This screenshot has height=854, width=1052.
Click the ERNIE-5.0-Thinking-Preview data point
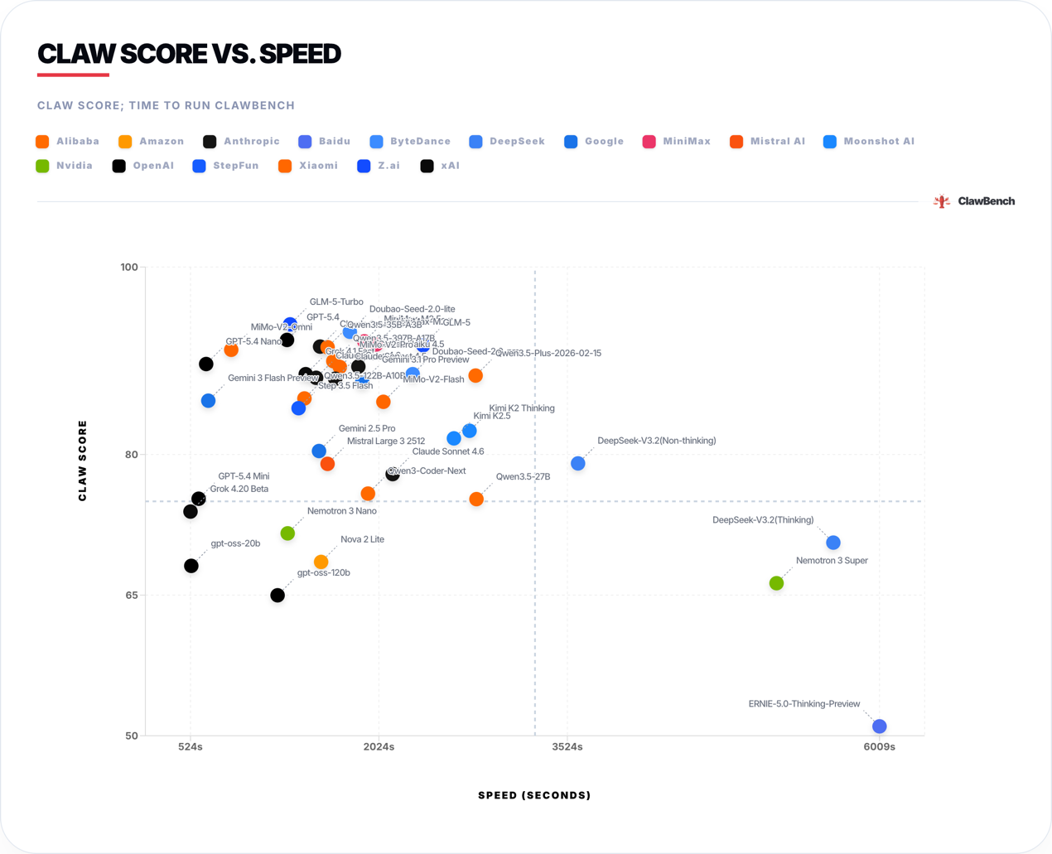tap(879, 726)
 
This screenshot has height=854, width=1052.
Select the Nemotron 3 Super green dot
tap(776, 583)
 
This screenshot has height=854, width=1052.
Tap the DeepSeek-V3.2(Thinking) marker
tap(833, 543)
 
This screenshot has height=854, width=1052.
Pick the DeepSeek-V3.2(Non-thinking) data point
tap(578, 464)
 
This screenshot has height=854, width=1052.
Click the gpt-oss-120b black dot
tap(277, 596)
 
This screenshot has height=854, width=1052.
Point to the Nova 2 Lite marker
tap(321, 562)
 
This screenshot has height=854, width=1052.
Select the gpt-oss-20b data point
tap(191, 566)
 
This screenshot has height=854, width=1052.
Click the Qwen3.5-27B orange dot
tap(476, 499)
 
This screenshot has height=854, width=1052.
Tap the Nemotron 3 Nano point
tap(287, 533)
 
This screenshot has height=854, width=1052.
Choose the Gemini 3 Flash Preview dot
tap(208, 401)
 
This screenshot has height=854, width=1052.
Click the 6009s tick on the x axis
tap(879, 747)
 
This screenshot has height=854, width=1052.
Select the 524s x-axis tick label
tap(191, 747)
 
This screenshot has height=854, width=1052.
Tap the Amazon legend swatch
tap(125, 142)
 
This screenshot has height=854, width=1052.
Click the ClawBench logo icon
tap(942, 201)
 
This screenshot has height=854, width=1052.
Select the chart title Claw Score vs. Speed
tap(190, 54)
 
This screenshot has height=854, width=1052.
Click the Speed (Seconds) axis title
tap(534, 795)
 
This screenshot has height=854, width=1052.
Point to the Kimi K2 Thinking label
tap(522, 408)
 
